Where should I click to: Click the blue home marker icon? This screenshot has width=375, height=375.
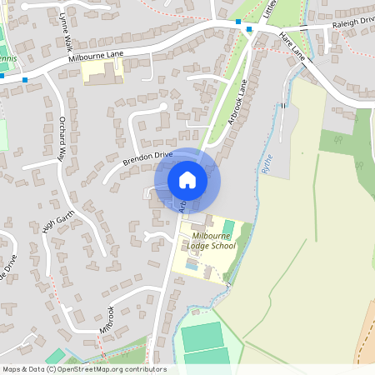point(187,180)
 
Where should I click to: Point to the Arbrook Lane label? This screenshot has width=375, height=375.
point(238,102)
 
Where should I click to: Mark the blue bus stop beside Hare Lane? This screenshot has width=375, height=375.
point(248,30)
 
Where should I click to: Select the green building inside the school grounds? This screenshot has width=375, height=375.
point(228,227)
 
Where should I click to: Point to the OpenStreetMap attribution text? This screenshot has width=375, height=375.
point(83,369)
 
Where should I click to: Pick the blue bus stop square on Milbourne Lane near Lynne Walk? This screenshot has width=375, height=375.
point(26,80)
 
